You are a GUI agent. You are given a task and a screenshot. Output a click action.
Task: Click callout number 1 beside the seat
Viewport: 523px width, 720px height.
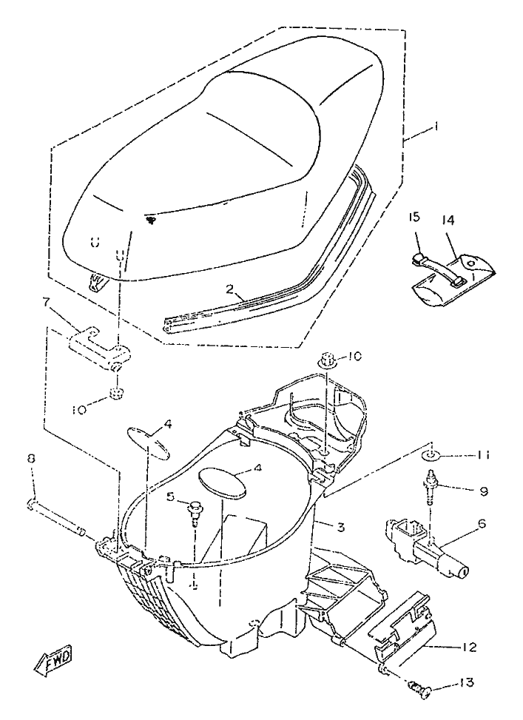point(436,127)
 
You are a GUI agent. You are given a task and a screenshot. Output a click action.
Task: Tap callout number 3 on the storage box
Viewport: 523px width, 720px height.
point(340,527)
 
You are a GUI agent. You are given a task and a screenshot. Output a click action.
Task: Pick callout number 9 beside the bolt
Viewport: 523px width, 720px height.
point(482,491)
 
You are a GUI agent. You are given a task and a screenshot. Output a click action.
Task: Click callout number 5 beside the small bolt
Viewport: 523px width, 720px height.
point(170,496)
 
